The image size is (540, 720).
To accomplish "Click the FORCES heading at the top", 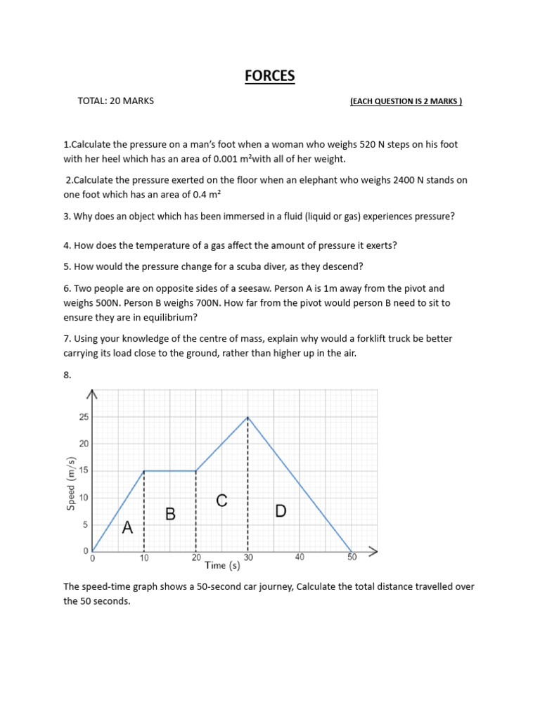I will pos(269,76).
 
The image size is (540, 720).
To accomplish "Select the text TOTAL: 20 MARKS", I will pos(115,101).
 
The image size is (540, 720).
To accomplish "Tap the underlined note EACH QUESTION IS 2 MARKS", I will pos(406,101).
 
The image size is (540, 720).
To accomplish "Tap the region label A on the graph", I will pos(127,527).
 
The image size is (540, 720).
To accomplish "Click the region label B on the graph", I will pos(170,514).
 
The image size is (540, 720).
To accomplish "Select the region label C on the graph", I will pos(221,501).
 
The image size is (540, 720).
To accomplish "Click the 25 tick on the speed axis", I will pos(84,417).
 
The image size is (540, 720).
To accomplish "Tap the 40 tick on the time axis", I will pos(299,557).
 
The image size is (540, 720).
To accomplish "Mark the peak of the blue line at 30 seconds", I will pos(247,417).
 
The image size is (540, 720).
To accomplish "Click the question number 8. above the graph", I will pos(67,375).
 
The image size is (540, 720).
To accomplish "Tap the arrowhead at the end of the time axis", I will pos(373,551).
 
